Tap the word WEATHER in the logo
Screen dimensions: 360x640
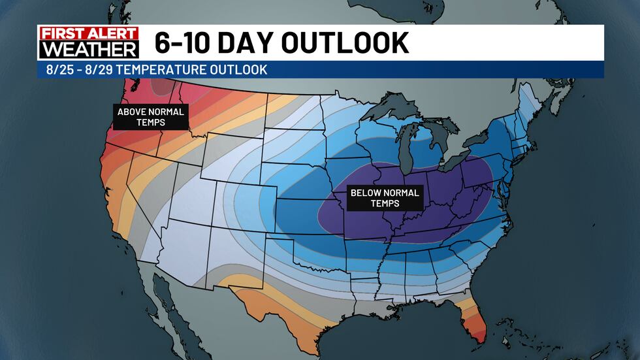click(89, 49)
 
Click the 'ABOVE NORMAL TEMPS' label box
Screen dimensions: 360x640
click(150, 116)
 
